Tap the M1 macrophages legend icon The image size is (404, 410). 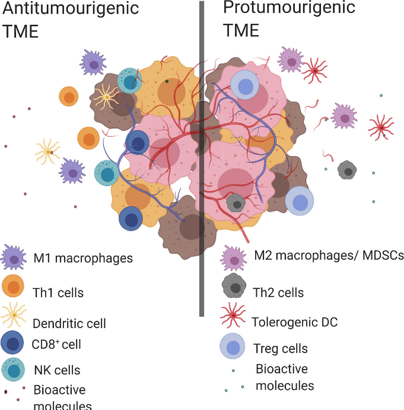(13, 258)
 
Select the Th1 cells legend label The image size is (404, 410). (58, 292)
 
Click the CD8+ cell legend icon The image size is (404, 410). (13, 343)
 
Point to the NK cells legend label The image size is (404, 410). (57, 370)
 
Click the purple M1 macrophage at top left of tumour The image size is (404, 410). (93, 61)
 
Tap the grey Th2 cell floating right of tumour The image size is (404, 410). (347, 171)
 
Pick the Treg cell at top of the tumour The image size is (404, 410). (244, 84)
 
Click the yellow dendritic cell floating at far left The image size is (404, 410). (47, 152)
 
